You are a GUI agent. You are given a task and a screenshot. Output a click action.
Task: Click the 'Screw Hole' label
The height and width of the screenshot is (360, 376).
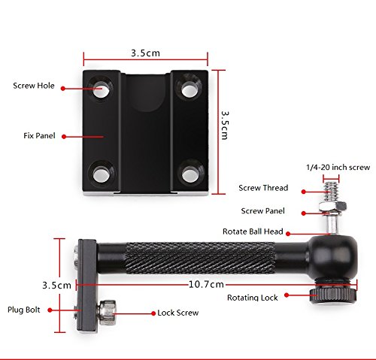tap(34, 86)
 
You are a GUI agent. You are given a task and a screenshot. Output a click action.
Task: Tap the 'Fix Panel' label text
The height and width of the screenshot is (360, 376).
tap(39, 136)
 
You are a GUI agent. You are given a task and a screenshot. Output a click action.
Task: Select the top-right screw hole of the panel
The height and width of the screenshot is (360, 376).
tap(189, 89)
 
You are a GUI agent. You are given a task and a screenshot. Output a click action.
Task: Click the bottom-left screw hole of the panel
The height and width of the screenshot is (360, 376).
tap(101, 174)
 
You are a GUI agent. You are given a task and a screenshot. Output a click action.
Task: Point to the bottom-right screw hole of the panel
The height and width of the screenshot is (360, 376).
tap(189, 174)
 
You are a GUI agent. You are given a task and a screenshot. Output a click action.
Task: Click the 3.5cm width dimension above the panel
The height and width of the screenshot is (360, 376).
tap(145, 53)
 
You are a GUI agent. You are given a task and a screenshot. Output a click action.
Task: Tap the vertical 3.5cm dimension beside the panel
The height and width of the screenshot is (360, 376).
tap(225, 126)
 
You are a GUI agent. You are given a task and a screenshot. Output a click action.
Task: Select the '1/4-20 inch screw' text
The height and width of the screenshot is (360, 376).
tap(338, 168)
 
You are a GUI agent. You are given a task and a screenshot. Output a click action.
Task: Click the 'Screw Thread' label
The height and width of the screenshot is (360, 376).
tap(263, 188)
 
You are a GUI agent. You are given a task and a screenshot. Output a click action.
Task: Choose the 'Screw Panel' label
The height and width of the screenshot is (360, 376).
tap(262, 211)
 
